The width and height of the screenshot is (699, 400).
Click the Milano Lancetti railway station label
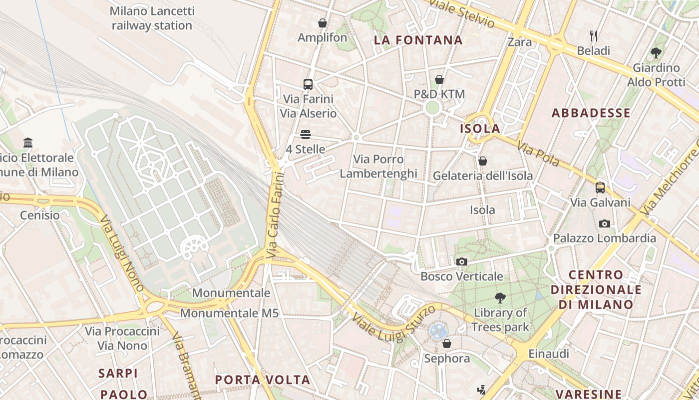[152, 18]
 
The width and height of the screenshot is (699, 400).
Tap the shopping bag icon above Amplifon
[323, 23]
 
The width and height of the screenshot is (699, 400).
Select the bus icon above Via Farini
[308, 84]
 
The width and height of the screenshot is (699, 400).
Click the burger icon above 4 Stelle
[306, 134]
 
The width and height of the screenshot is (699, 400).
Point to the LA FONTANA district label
[418, 40]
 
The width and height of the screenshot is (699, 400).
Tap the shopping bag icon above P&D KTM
[439, 79]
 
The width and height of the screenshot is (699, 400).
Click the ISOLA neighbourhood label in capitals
[480, 129]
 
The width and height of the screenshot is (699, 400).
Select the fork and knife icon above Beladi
[594, 36]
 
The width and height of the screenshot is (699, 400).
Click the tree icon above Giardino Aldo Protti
[656, 52]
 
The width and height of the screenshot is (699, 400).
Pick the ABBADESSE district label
[591, 113]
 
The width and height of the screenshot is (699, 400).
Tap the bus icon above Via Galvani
[600, 188]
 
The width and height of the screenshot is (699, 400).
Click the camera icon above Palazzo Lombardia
[605, 223]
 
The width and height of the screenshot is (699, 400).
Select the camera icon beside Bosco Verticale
[462, 261]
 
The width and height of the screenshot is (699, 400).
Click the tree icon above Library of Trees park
[500, 298]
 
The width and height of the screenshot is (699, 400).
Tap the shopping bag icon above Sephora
[447, 343]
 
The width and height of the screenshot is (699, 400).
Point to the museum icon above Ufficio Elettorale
[28, 143]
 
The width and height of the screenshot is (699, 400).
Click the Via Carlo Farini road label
[275, 215]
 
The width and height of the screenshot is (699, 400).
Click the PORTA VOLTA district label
[263, 379]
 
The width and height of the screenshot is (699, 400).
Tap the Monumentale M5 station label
[229, 313]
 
